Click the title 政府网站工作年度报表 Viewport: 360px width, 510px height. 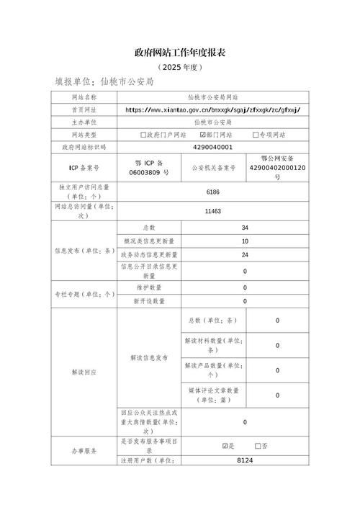[180, 53]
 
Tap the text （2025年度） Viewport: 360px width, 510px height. [180, 67]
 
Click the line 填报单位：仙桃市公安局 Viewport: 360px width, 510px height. [104, 82]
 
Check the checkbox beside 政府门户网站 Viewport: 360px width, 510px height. [144, 135]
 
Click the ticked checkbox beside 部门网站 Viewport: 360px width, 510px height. [202, 135]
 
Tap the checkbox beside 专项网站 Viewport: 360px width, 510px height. [256, 135]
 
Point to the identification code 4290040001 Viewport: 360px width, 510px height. [212, 147]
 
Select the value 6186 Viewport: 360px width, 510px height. [212, 191]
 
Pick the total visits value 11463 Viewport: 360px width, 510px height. [212, 211]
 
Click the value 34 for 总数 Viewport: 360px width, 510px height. [245, 228]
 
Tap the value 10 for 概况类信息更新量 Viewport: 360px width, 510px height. [245, 241]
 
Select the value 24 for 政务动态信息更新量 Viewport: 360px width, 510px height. [245, 255]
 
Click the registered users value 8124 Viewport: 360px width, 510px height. [245, 459]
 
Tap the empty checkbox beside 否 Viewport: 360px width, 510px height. [258, 446]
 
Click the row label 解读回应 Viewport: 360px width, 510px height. [84, 372]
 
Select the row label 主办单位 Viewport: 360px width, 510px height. [84, 122]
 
